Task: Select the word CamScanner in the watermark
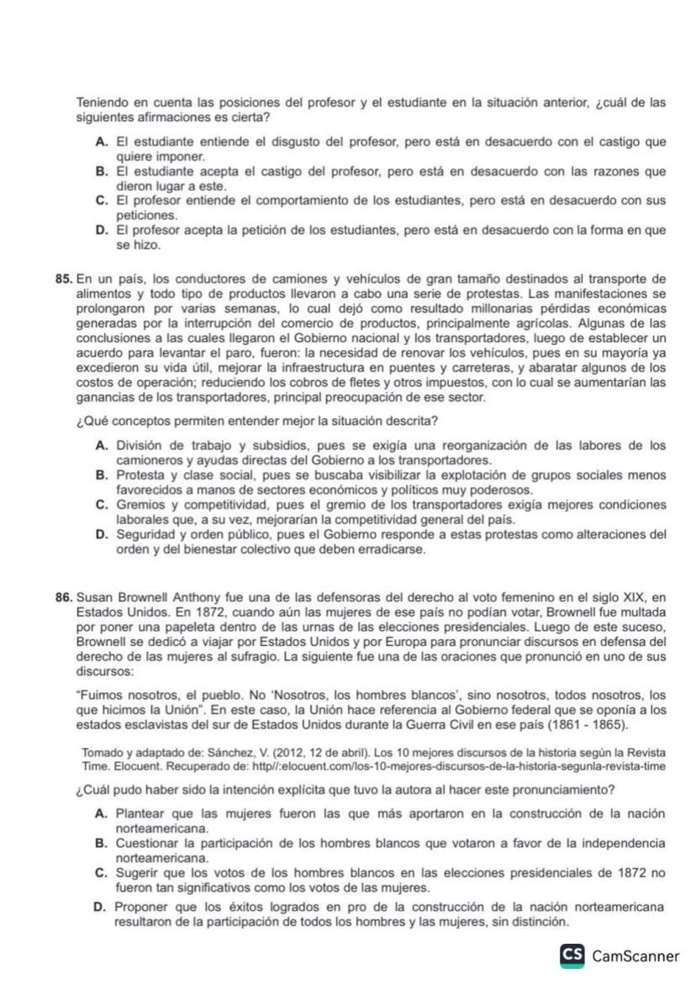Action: (635, 956)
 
